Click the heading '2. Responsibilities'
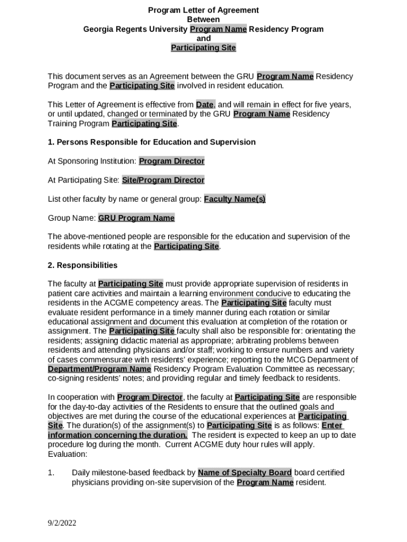click(82, 265)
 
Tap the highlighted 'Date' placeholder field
click(205, 104)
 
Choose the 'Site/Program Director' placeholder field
click(163, 180)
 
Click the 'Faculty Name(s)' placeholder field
click(235, 199)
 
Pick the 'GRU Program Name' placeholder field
click(136, 218)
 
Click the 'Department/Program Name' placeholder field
click(99, 369)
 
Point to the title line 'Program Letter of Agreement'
click(203, 10)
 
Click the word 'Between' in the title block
click(203, 20)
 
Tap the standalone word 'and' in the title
click(203, 39)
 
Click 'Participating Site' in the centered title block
click(203, 48)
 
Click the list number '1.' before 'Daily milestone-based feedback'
click(51, 473)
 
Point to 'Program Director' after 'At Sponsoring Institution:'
click(172, 161)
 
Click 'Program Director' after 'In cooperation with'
click(150, 397)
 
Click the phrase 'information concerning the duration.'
click(117, 435)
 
